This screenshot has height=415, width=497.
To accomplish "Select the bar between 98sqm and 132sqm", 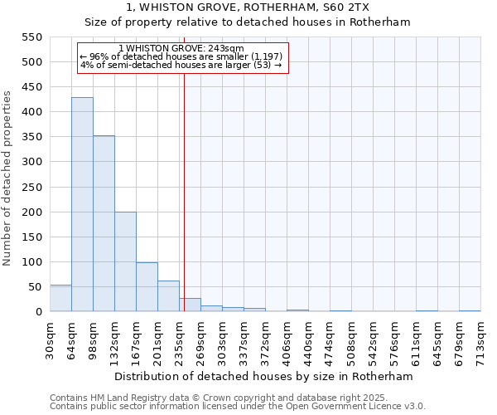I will (104, 223).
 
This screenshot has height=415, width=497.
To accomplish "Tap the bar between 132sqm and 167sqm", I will (125, 261).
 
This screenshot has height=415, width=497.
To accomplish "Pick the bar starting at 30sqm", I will (60, 298).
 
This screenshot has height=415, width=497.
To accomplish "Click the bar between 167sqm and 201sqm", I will (147, 287).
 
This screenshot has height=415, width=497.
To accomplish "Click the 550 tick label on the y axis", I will (31, 37).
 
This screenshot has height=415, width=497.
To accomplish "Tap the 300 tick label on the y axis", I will (31, 162).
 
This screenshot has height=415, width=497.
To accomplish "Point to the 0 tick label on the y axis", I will (38, 312).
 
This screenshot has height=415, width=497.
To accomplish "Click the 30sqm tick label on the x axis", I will (50, 339).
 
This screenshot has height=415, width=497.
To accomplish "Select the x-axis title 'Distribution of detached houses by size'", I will (263, 376).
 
